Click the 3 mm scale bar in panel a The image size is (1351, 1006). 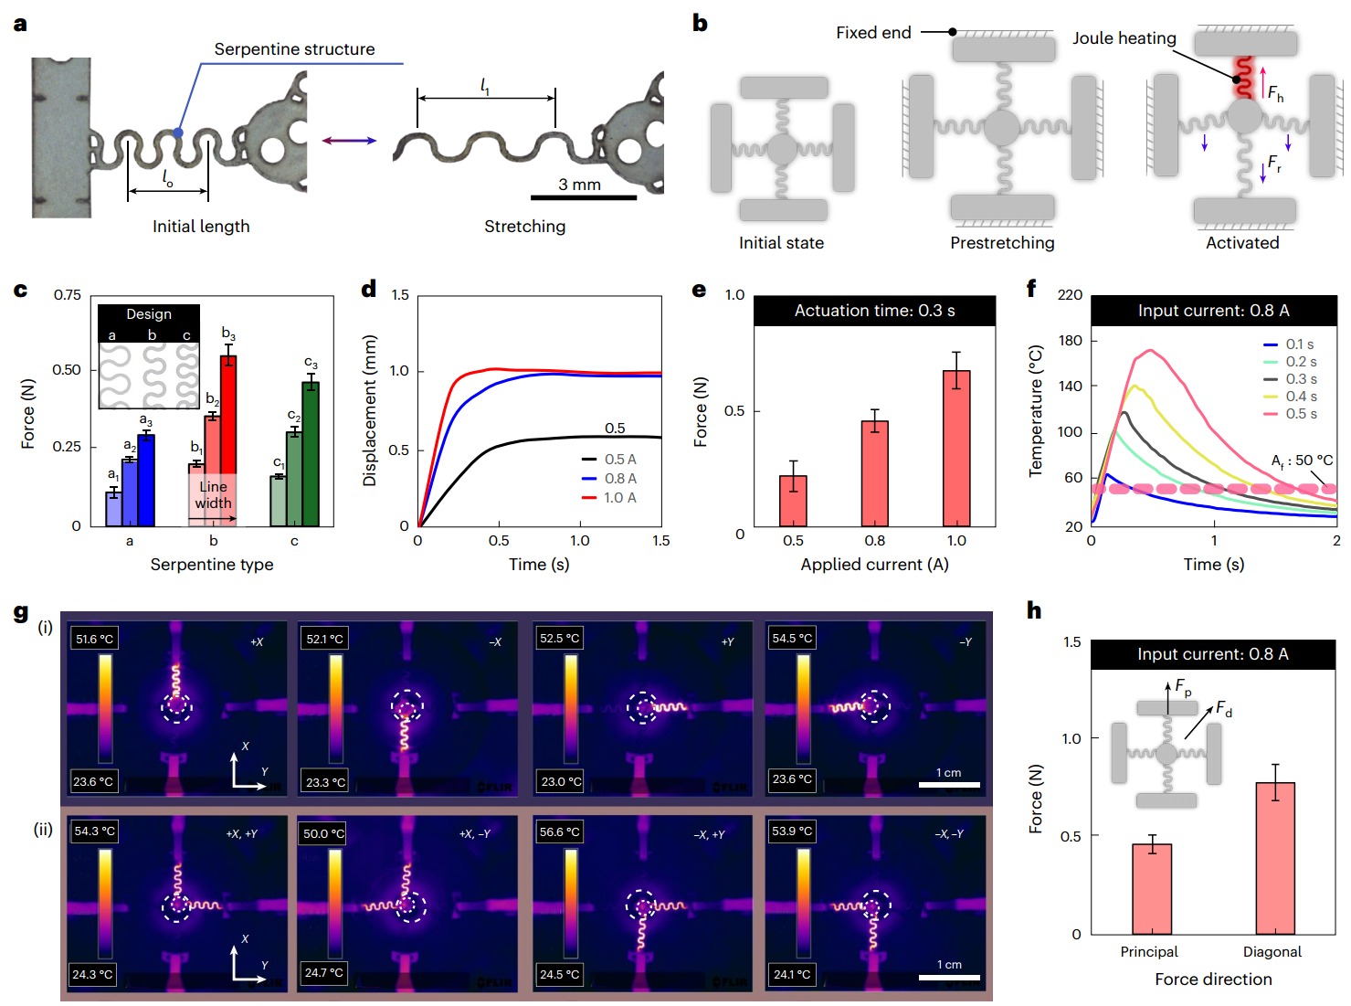[583, 196]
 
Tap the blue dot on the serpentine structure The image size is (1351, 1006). [178, 132]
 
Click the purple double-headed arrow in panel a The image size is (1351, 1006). [349, 140]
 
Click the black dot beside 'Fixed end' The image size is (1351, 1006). [952, 32]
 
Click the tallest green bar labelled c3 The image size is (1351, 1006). [311, 453]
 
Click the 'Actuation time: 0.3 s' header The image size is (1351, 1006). [874, 311]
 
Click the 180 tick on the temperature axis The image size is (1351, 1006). [1070, 340]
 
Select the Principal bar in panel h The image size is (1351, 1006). [1152, 888]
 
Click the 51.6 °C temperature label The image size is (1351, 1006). [94, 639]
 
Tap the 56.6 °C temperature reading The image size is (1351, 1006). [560, 832]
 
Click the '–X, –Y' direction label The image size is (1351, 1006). [949, 834]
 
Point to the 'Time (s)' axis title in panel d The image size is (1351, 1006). [539, 565]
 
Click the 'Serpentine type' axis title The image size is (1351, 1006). [212, 565]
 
